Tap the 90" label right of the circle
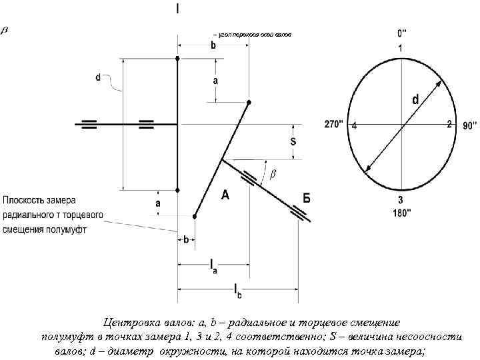tap(469, 124)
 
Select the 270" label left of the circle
tap(334, 124)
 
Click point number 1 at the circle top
tap(401, 48)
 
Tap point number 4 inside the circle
tap(355, 125)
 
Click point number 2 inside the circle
tap(449, 124)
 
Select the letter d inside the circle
tap(415, 99)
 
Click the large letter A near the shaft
tap(225, 195)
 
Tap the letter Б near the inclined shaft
tap(306, 198)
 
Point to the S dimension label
tap(293, 142)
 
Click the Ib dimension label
tap(237, 290)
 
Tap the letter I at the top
tap(177, 9)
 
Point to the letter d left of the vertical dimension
tap(98, 77)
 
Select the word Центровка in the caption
tap(133, 321)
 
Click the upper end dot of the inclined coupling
tap(249, 102)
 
